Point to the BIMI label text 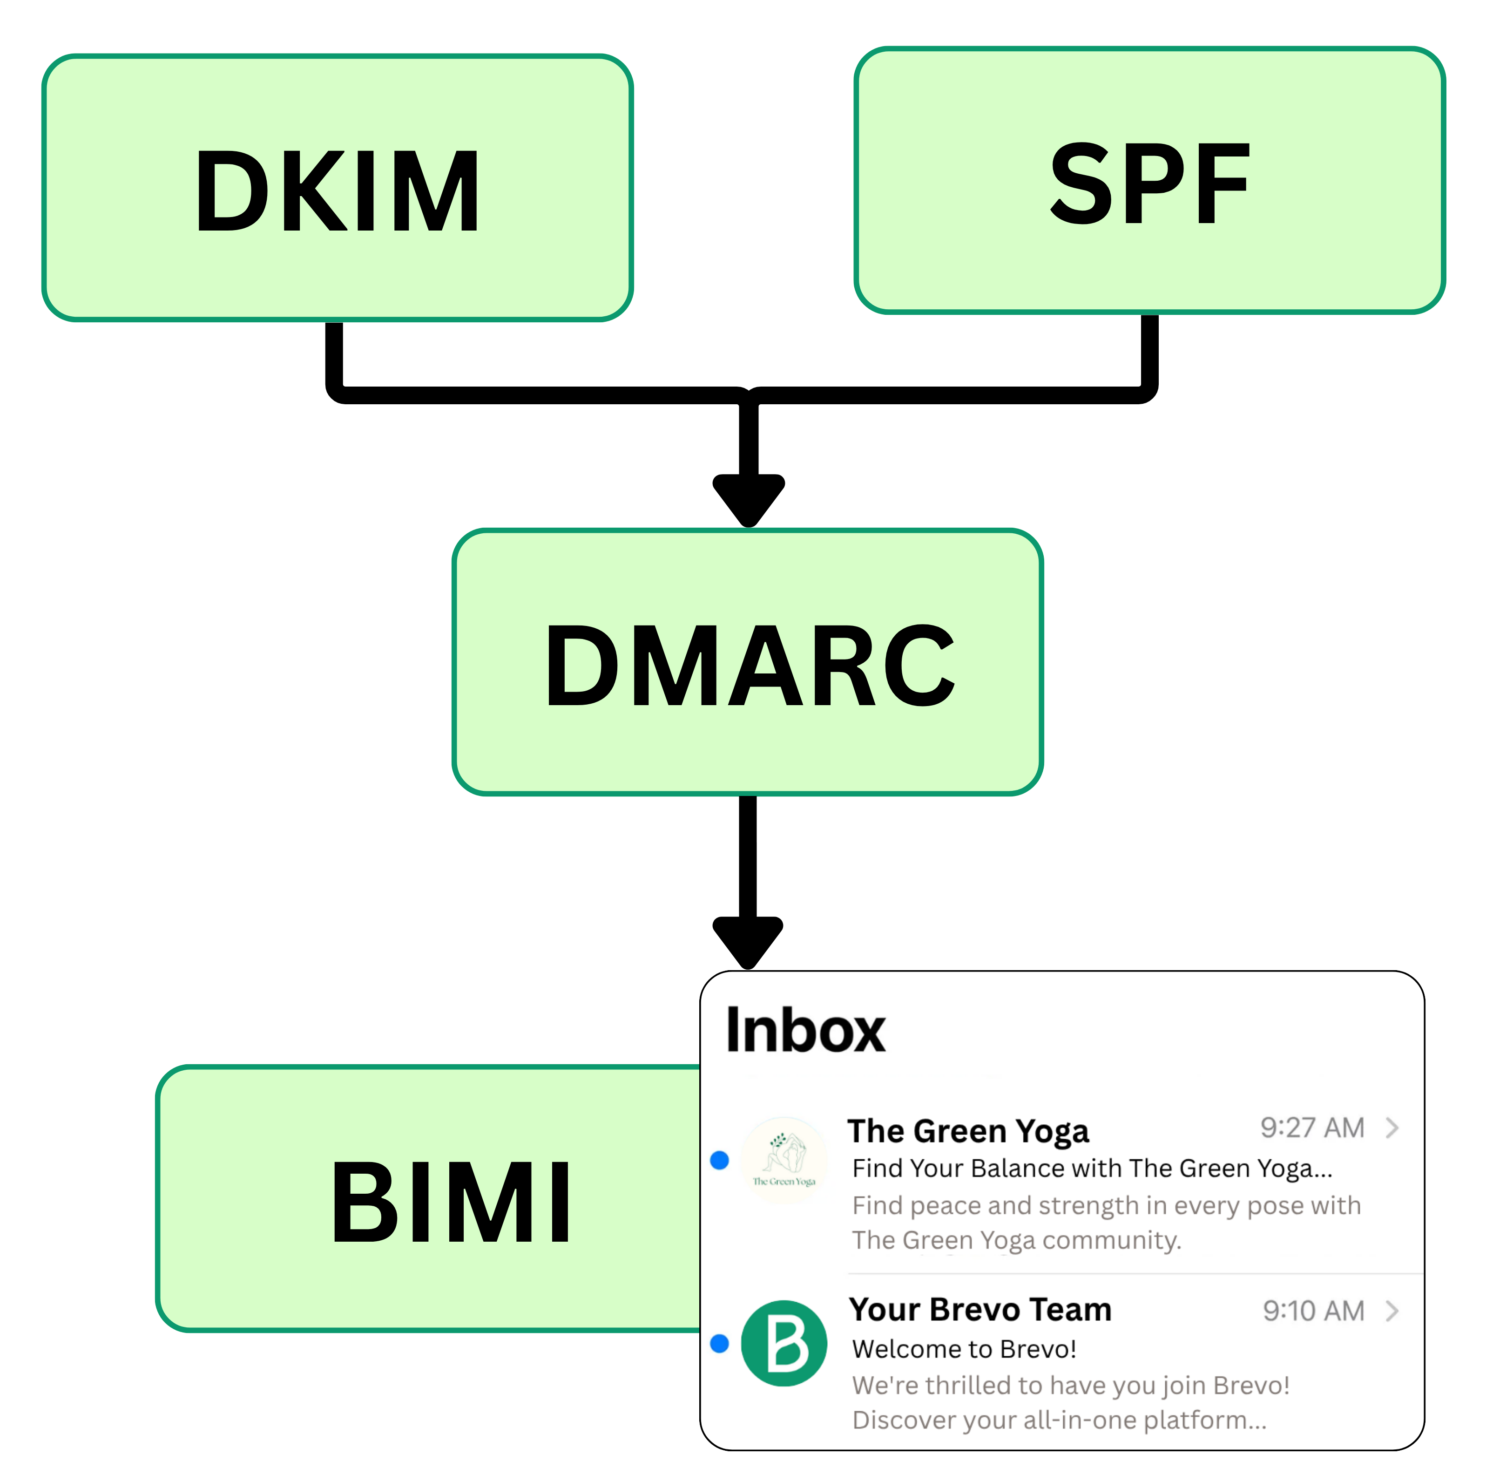(x=452, y=1203)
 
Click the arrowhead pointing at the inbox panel (x=748, y=940)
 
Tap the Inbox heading (x=805, y=1031)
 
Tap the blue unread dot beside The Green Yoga (x=719, y=1160)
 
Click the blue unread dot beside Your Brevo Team (x=719, y=1344)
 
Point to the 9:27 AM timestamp (x=1311, y=1128)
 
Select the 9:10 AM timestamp (x=1313, y=1311)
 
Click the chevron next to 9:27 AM (x=1391, y=1128)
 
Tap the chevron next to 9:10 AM (x=1391, y=1311)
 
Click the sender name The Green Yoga (x=967, y=1131)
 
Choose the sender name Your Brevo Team (x=980, y=1310)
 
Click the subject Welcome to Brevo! (x=964, y=1349)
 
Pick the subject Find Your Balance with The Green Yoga (x=1091, y=1168)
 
